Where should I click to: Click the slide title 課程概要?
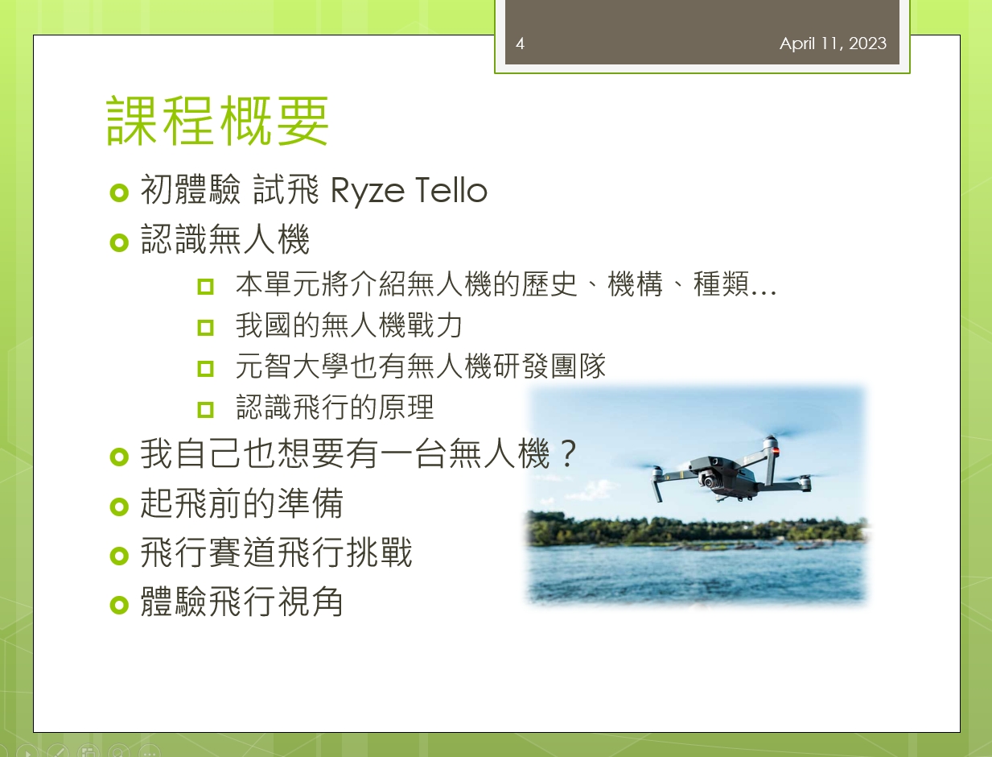(217, 120)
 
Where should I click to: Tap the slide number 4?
(520, 43)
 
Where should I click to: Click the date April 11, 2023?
(833, 43)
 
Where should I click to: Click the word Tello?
(451, 190)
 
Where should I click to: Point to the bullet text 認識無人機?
(225, 239)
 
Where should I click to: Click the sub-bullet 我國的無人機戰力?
(349, 325)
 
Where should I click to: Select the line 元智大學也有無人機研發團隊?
(420, 366)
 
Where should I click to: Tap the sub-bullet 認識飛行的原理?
(335, 407)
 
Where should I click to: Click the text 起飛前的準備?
(242, 503)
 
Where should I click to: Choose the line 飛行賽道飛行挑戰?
(276, 552)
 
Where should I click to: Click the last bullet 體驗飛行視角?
(242, 602)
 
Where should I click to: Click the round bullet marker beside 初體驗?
(119, 193)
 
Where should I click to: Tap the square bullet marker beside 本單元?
(206, 287)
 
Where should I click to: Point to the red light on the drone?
(776, 451)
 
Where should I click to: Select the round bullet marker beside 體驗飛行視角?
(119, 605)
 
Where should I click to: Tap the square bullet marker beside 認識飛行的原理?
(206, 410)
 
